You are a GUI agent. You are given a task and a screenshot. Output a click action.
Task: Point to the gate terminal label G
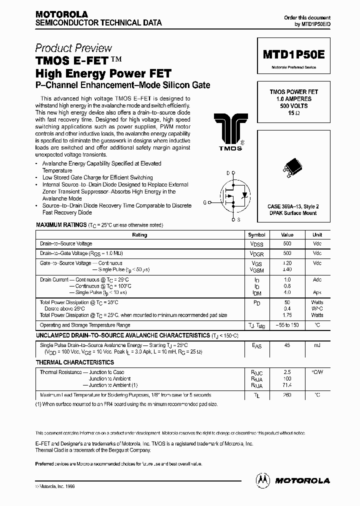tap(204, 202)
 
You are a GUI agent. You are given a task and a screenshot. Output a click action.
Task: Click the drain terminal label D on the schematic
tap(228, 173)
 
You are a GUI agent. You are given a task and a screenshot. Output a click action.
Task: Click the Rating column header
tap(139, 234)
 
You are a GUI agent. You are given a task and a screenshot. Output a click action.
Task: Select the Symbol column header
tap(257, 234)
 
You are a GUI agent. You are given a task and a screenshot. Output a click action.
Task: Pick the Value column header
tap(287, 234)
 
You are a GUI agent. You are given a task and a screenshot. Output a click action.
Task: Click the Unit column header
tap(317, 234)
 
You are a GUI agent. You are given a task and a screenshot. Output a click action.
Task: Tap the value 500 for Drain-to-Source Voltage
tap(287, 243)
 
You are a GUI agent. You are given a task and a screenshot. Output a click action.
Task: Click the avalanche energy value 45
tap(287, 345)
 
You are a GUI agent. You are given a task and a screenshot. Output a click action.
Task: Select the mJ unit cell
tap(317, 345)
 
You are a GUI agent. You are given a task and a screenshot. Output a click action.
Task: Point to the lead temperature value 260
tap(287, 395)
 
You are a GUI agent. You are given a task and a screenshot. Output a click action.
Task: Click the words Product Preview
tap(73, 48)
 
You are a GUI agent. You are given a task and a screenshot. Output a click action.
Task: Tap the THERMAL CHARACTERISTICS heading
tap(75, 362)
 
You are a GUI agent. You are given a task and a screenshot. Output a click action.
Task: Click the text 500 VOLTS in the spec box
tap(294, 106)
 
